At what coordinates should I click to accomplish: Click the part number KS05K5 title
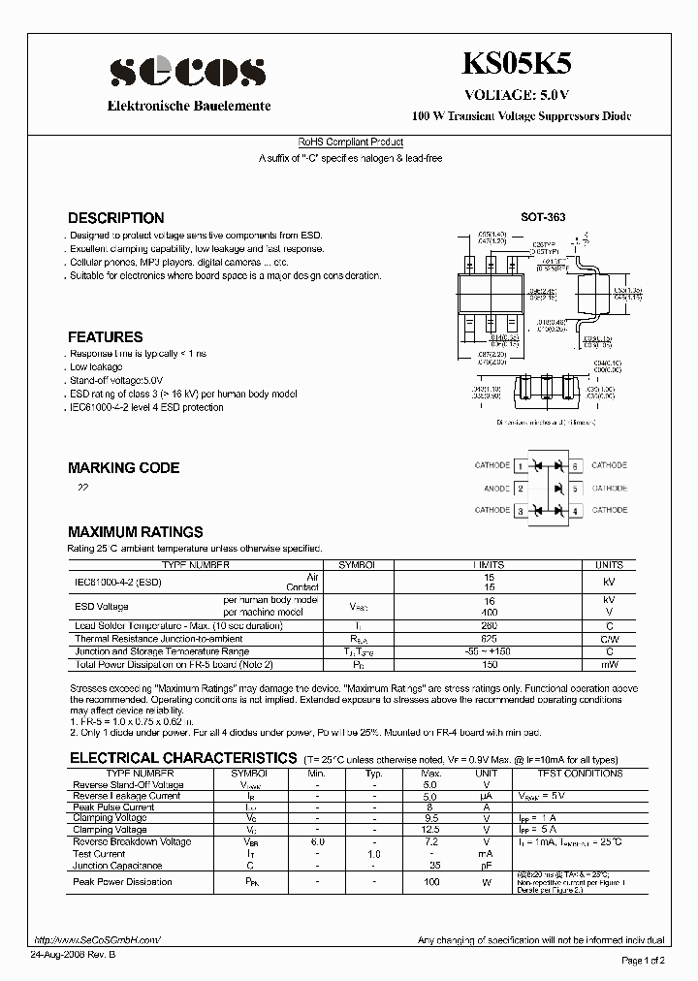(x=522, y=65)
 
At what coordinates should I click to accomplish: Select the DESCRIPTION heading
(x=115, y=218)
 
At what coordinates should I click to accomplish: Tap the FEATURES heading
(x=105, y=337)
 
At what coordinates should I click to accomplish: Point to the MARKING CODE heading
(x=123, y=468)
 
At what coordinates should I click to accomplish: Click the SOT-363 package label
(x=543, y=218)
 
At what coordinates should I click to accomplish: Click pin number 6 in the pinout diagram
(x=575, y=466)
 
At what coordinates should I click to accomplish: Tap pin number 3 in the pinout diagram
(x=521, y=511)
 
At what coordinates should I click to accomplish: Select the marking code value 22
(x=82, y=489)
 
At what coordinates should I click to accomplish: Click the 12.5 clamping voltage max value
(x=431, y=831)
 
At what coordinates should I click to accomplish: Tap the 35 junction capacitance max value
(x=434, y=866)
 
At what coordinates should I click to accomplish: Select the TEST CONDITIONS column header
(x=580, y=774)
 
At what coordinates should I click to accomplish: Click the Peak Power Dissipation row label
(x=122, y=882)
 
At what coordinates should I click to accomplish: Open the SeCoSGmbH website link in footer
(x=96, y=940)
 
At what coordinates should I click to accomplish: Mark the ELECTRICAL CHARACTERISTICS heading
(x=182, y=758)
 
